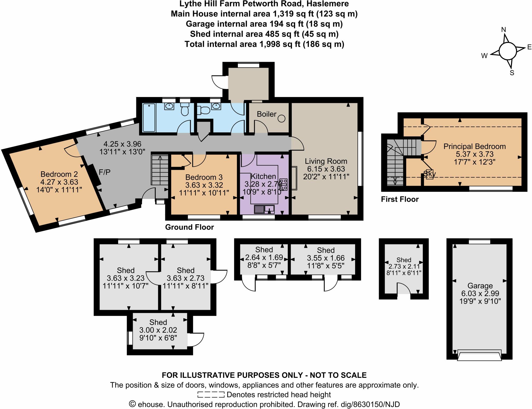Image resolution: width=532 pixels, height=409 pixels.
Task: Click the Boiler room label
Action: (x=267, y=114)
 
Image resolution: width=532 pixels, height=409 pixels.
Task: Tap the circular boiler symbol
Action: (x=282, y=119)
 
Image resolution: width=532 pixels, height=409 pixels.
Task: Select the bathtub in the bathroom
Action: (x=149, y=118)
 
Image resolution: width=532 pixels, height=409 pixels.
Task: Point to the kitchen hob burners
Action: (x=284, y=185)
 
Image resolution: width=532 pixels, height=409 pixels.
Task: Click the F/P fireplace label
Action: (x=104, y=172)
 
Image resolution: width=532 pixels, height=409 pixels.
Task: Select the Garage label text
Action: (x=480, y=286)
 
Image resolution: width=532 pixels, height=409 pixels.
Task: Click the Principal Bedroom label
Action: (x=475, y=146)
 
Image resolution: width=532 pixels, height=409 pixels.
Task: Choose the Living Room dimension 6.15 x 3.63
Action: (x=326, y=169)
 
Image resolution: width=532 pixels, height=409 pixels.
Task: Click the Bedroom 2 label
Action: (x=59, y=174)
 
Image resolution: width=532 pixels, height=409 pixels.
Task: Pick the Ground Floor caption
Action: (x=189, y=227)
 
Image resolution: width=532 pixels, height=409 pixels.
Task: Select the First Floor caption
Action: (x=400, y=199)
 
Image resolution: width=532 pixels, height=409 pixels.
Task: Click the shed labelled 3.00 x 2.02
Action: (x=158, y=330)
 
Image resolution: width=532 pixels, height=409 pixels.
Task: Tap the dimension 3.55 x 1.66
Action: (x=326, y=258)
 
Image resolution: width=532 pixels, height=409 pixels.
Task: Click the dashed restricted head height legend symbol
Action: (x=211, y=395)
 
